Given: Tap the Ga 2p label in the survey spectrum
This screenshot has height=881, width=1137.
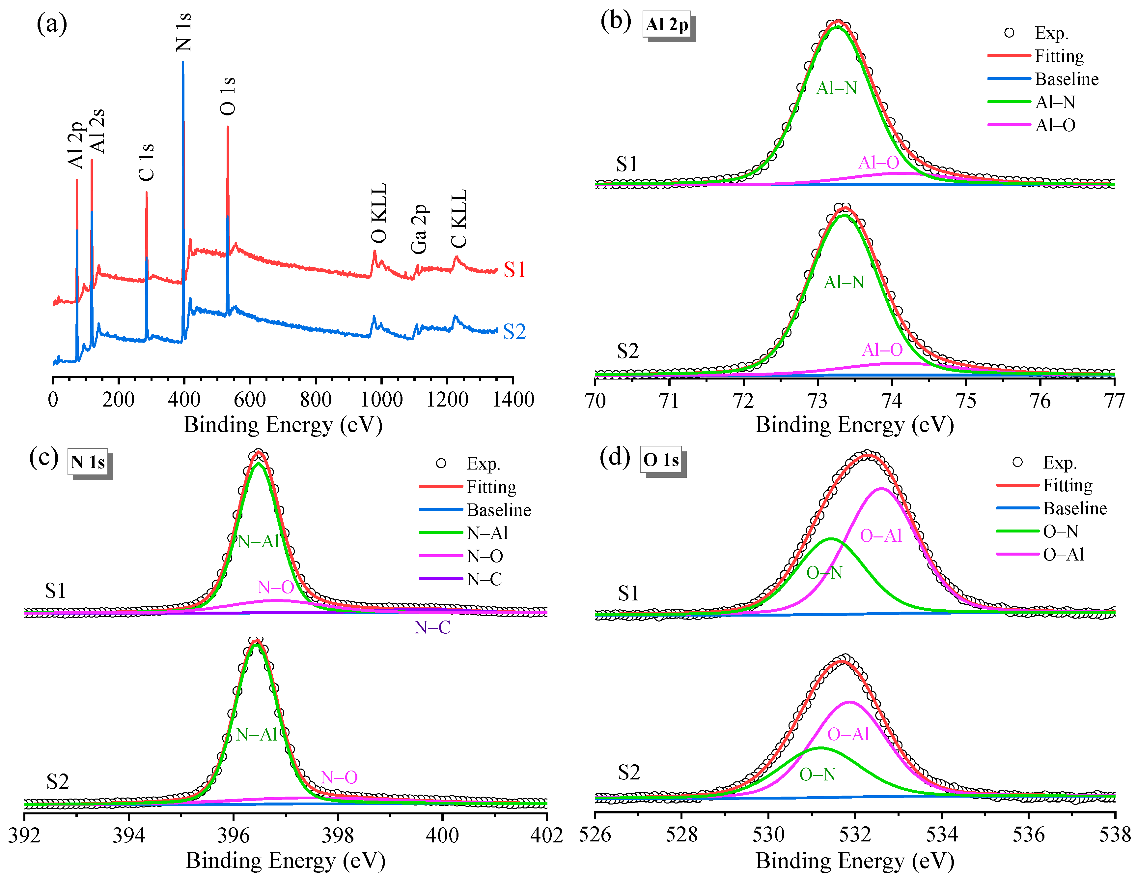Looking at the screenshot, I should [x=419, y=229].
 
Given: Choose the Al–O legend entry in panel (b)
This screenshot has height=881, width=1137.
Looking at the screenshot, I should [x=1055, y=125].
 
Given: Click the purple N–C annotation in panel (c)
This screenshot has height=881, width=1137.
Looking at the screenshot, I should [x=432, y=627].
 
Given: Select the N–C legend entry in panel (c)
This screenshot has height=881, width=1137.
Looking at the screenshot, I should [x=484, y=579].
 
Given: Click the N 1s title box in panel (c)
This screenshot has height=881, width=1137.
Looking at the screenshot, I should [x=88, y=462].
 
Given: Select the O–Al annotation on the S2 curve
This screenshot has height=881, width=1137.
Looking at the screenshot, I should [x=848, y=734].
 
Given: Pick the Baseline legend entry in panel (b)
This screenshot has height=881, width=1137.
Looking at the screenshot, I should [x=1066, y=79].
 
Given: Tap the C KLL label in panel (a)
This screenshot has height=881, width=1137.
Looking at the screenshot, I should [x=458, y=219].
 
